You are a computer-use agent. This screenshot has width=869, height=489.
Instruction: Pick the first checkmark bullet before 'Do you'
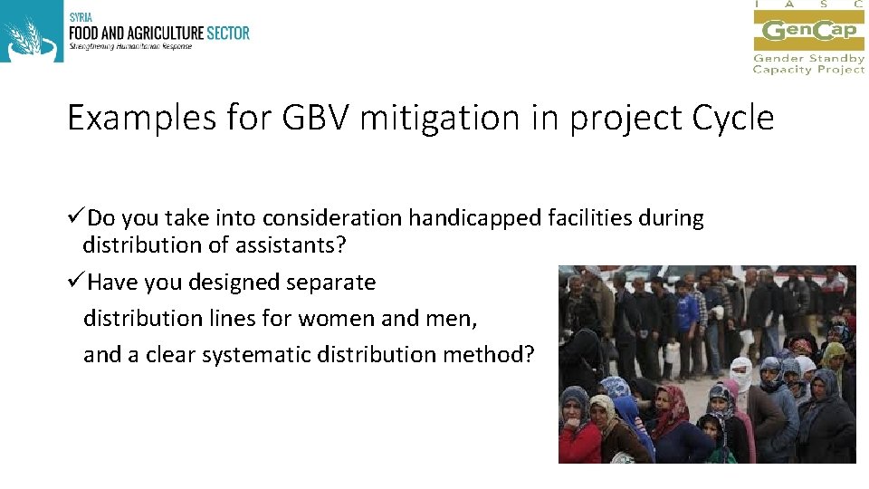click(x=76, y=218)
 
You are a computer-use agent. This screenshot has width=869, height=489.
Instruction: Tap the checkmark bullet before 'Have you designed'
click(x=76, y=283)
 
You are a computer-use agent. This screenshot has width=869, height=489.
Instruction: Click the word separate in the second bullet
click(x=330, y=283)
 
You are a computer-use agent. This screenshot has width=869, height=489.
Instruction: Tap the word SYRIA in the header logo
click(x=79, y=16)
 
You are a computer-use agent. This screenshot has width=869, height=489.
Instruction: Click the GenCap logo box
click(x=808, y=30)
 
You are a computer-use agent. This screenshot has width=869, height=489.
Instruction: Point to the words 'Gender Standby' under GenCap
click(x=808, y=59)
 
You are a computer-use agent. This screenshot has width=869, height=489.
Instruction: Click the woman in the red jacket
click(x=579, y=430)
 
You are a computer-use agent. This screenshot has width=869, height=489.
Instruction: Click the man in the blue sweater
click(x=688, y=312)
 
